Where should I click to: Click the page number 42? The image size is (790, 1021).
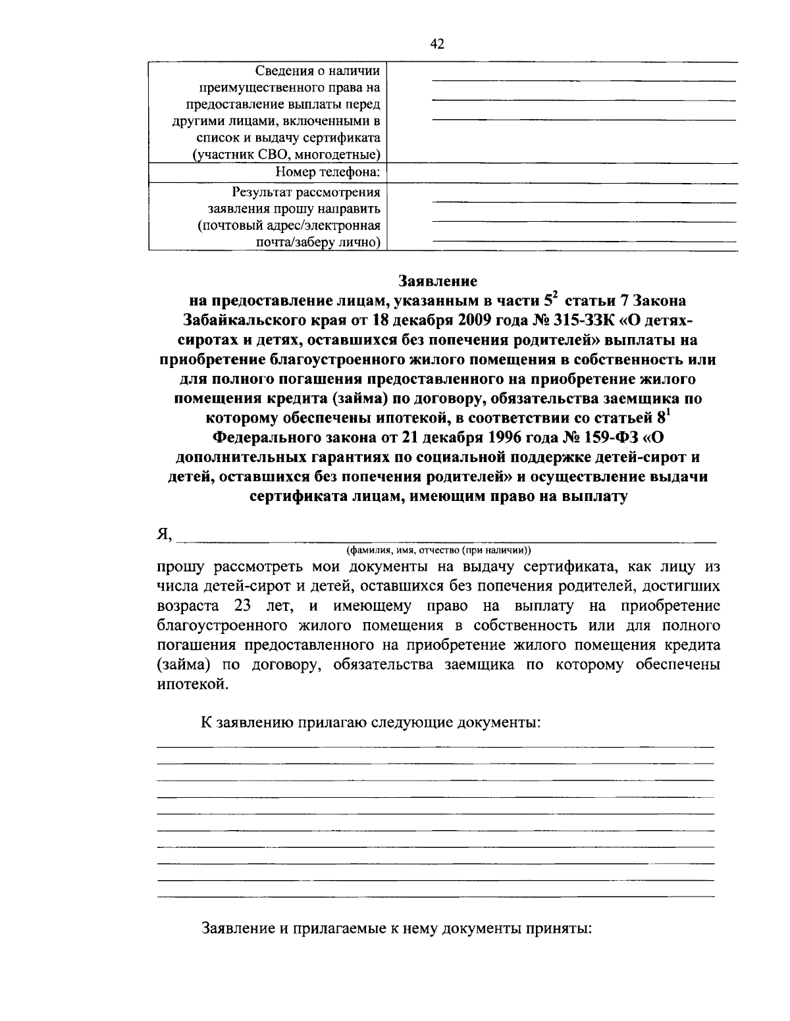pyautogui.click(x=437, y=44)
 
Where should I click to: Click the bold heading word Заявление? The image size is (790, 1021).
pyautogui.click(x=437, y=281)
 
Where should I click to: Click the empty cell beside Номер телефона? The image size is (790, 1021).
pyautogui.click(x=562, y=173)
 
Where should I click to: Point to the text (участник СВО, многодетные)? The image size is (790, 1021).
pyautogui.click(x=286, y=155)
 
